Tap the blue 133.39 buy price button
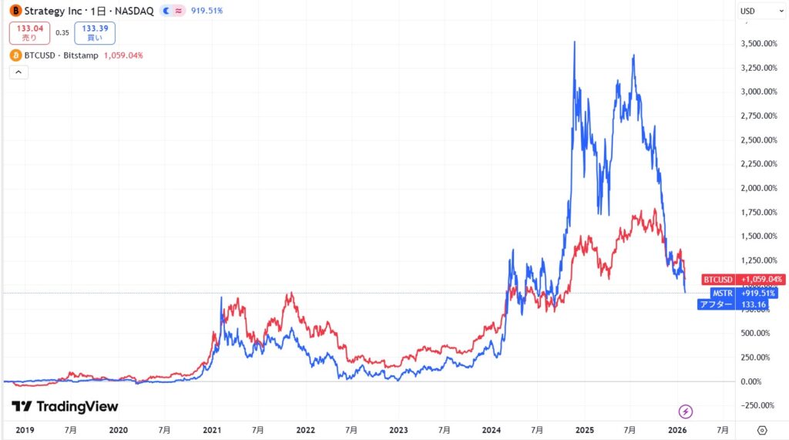point(95,32)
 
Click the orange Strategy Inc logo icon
point(15,11)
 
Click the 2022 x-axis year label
point(305,429)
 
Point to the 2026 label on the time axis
point(677,429)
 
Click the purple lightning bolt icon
point(685,411)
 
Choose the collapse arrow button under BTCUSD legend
point(18,72)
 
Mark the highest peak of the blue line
point(573,42)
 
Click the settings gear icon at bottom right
point(762,429)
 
